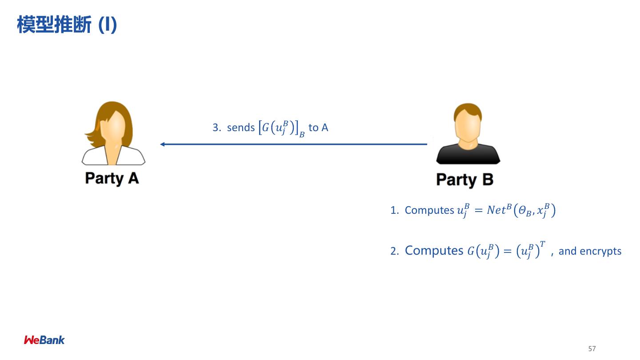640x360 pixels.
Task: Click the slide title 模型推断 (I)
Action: [x=67, y=25]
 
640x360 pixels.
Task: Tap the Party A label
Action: [x=112, y=178]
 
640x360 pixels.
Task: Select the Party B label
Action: [x=464, y=180]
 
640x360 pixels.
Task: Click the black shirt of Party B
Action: [x=468, y=156]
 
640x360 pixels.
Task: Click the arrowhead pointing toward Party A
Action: [x=163, y=144]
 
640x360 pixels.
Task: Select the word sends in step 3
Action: [x=240, y=128]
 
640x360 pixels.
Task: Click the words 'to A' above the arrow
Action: [x=318, y=128]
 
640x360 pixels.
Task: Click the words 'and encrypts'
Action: [x=590, y=251]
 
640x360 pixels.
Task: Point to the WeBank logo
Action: [x=44, y=340]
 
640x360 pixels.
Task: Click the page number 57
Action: [x=592, y=348]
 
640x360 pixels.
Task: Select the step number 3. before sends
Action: [x=217, y=128]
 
